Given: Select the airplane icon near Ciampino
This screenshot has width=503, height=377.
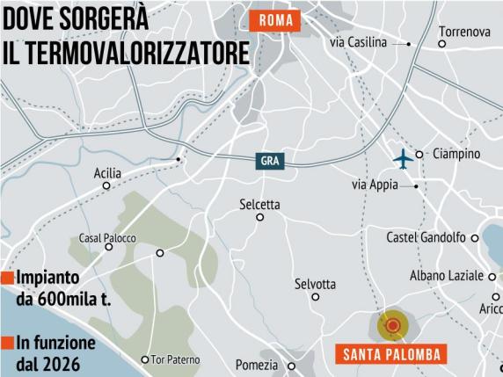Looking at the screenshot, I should pos(403,159).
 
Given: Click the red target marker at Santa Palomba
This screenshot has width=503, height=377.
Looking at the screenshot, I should pos(392,327).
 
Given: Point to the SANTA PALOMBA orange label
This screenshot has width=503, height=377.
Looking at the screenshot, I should pos(390,356).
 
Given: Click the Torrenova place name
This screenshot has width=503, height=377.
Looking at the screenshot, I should pos(464,32).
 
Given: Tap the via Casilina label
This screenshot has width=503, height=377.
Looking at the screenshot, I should pos(361,42).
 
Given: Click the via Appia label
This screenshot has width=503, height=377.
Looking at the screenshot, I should pos(375,185).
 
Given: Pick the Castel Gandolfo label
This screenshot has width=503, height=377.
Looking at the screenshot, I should pos(426,237).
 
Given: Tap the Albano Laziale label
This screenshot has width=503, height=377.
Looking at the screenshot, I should pos(447,276).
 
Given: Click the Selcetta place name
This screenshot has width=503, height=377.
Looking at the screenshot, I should pos(259,205).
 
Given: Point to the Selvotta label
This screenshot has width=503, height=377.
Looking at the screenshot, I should pos(315,284).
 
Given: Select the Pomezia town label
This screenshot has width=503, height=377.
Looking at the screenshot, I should pos(257,365).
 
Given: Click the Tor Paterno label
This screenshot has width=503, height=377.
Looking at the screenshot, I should pos(175,359).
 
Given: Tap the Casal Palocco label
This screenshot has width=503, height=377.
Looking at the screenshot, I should pos(107,237).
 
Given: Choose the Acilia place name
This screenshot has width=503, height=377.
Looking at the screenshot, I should pos(107,173).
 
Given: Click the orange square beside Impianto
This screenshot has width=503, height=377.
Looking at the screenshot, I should pos(5,279).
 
